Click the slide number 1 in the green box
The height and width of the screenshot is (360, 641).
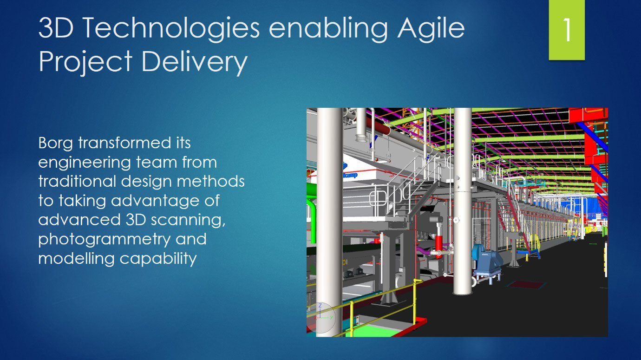(567, 30)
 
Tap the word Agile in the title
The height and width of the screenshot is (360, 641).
(431, 28)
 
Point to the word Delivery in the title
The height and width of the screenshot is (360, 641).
(195, 61)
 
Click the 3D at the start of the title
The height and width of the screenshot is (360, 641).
(56, 28)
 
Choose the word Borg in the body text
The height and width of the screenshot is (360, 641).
(56, 143)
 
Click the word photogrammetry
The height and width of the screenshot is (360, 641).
(105, 239)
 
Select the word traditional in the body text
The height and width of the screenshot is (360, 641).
(77, 181)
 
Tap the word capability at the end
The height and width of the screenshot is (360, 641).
(158, 259)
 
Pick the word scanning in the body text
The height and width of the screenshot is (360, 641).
(188, 220)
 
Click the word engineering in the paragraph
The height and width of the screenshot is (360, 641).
(85, 163)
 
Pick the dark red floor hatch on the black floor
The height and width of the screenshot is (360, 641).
(526, 284)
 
